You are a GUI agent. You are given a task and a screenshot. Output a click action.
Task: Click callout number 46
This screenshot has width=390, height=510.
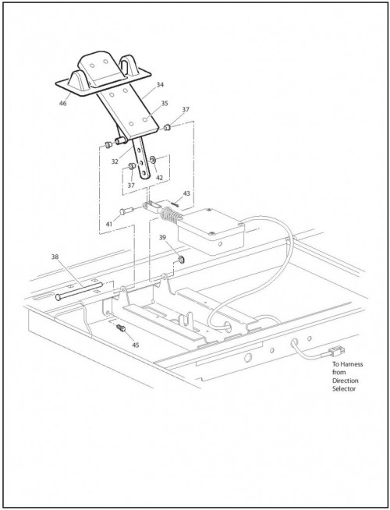(x=62, y=103)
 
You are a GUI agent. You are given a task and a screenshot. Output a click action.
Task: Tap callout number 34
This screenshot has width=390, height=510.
(x=160, y=84)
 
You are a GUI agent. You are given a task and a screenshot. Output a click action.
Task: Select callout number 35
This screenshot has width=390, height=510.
(x=165, y=103)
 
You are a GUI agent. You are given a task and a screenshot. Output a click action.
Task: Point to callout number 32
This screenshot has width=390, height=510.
(x=115, y=161)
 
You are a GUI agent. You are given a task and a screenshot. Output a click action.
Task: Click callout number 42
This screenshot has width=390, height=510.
(x=159, y=178)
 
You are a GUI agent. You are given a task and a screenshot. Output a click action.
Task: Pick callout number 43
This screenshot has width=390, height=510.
(x=186, y=193)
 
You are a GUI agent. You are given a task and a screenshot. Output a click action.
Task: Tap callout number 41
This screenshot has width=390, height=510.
(x=109, y=224)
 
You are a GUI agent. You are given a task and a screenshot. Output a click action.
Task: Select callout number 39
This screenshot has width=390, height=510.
(x=163, y=237)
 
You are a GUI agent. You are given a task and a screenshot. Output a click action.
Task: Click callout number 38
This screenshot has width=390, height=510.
(x=55, y=257)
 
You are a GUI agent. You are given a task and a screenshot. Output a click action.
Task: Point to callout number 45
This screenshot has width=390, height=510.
(x=135, y=345)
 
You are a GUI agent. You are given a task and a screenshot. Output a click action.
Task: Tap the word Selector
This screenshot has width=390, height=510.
(x=344, y=388)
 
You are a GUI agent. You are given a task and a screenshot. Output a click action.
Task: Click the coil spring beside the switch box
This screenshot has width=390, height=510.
(x=170, y=215)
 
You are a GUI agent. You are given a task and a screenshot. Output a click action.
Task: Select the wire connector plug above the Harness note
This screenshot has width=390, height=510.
(x=337, y=351)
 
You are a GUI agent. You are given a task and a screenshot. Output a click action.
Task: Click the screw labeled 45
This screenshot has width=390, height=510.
(x=122, y=328)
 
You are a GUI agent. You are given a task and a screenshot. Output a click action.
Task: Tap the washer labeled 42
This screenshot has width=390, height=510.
(x=152, y=159)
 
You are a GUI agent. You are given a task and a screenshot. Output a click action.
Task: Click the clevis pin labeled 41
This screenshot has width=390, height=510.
(x=126, y=211)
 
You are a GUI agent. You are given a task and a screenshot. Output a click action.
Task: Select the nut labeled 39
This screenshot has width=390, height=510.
(x=181, y=259)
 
